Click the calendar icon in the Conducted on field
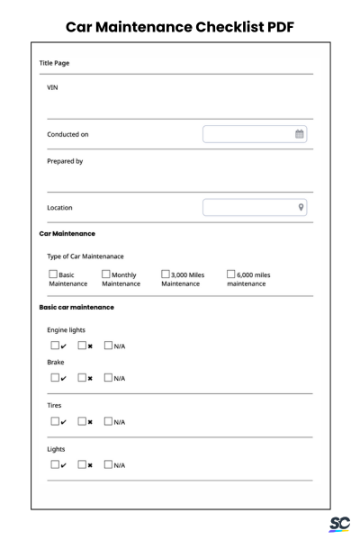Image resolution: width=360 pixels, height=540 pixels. [300, 134]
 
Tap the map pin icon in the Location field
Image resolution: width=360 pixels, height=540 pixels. [301, 207]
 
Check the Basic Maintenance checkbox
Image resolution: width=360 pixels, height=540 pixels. [52, 274]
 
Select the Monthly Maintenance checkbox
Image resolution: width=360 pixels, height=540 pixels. [106, 274]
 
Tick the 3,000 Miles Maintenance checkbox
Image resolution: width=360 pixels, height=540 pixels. [166, 274]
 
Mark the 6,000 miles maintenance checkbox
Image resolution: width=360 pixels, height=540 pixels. [231, 274]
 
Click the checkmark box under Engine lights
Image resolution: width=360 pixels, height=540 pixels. [53, 345]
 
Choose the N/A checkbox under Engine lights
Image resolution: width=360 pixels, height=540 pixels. [109, 345]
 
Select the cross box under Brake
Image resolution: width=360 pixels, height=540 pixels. [82, 377]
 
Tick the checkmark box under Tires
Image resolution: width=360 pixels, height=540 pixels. [53, 420]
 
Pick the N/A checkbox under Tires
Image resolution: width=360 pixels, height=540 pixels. [109, 420]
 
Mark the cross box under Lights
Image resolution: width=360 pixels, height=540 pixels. [82, 464]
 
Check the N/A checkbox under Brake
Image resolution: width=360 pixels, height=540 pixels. [109, 377]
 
